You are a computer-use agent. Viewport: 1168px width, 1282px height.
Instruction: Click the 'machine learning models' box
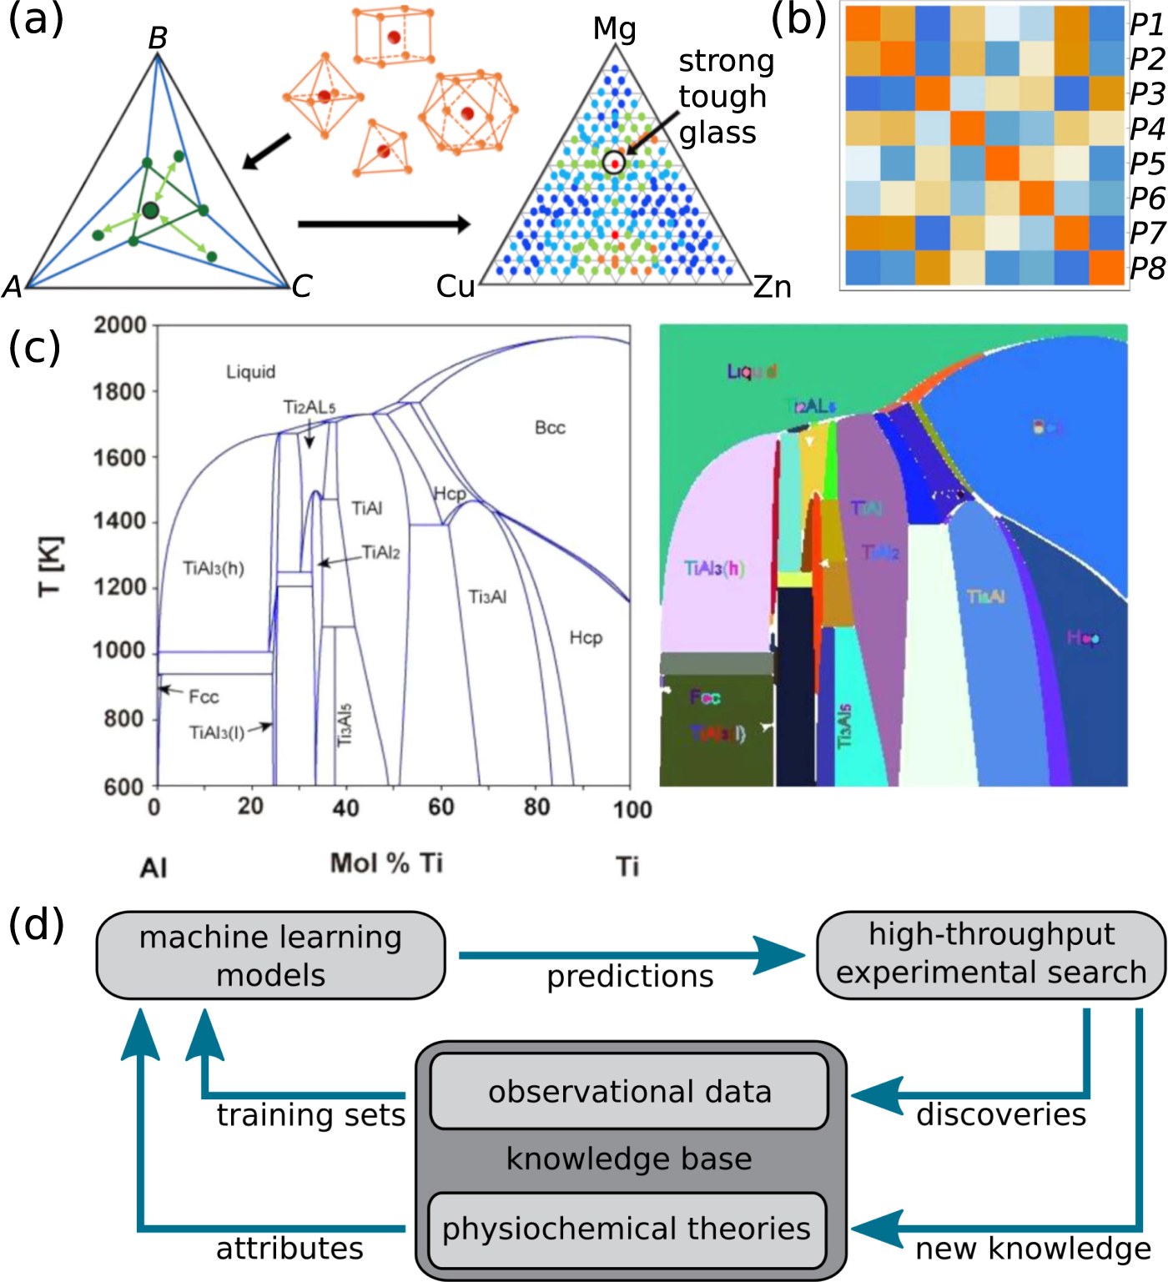pos(270,955)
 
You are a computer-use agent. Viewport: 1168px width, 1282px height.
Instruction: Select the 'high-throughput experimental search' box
pos(991,953)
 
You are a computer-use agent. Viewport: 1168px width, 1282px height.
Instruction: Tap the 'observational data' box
pos(629,1091)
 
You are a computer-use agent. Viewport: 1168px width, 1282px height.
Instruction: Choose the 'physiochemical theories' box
pos(627,1229)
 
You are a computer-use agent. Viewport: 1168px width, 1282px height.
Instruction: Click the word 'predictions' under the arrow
pos(630,976)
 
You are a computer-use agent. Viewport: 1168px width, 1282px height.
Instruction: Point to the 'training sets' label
pos(310,1114)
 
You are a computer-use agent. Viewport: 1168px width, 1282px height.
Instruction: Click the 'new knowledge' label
pos(1033,1249)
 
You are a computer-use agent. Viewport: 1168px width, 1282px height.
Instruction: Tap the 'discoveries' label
pos(1001,1114)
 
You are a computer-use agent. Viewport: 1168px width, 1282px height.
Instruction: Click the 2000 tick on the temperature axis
pos(120,325)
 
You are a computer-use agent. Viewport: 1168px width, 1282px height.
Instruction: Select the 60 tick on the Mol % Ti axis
pos(441,807)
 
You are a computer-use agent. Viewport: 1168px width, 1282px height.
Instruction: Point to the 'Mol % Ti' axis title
pos(386,863)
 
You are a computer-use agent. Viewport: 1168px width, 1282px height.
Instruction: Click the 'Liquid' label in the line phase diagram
pos(250,372)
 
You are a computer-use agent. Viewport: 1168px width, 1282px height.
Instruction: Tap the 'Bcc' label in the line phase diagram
pos(550,428)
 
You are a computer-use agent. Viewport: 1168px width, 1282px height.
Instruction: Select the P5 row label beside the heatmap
pos(1147,163)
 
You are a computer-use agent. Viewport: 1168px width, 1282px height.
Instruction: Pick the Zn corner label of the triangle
pos(772,287)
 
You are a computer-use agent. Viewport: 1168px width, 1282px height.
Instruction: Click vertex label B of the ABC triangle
pos(158,38)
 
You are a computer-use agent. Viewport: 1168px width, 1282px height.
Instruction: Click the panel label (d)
pos(36,924)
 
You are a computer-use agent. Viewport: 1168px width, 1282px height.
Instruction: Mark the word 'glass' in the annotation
pos(717,133)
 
